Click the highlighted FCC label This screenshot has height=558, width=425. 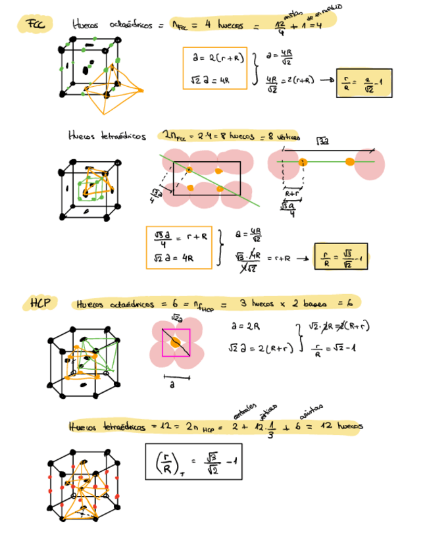coord(33,25)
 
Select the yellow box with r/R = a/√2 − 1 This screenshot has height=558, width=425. coord(364,83)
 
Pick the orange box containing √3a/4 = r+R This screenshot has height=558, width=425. coord(179,247)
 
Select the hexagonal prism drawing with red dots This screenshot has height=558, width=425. coord(84,484)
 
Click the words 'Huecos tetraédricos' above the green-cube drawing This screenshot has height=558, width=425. coord(107,136)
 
